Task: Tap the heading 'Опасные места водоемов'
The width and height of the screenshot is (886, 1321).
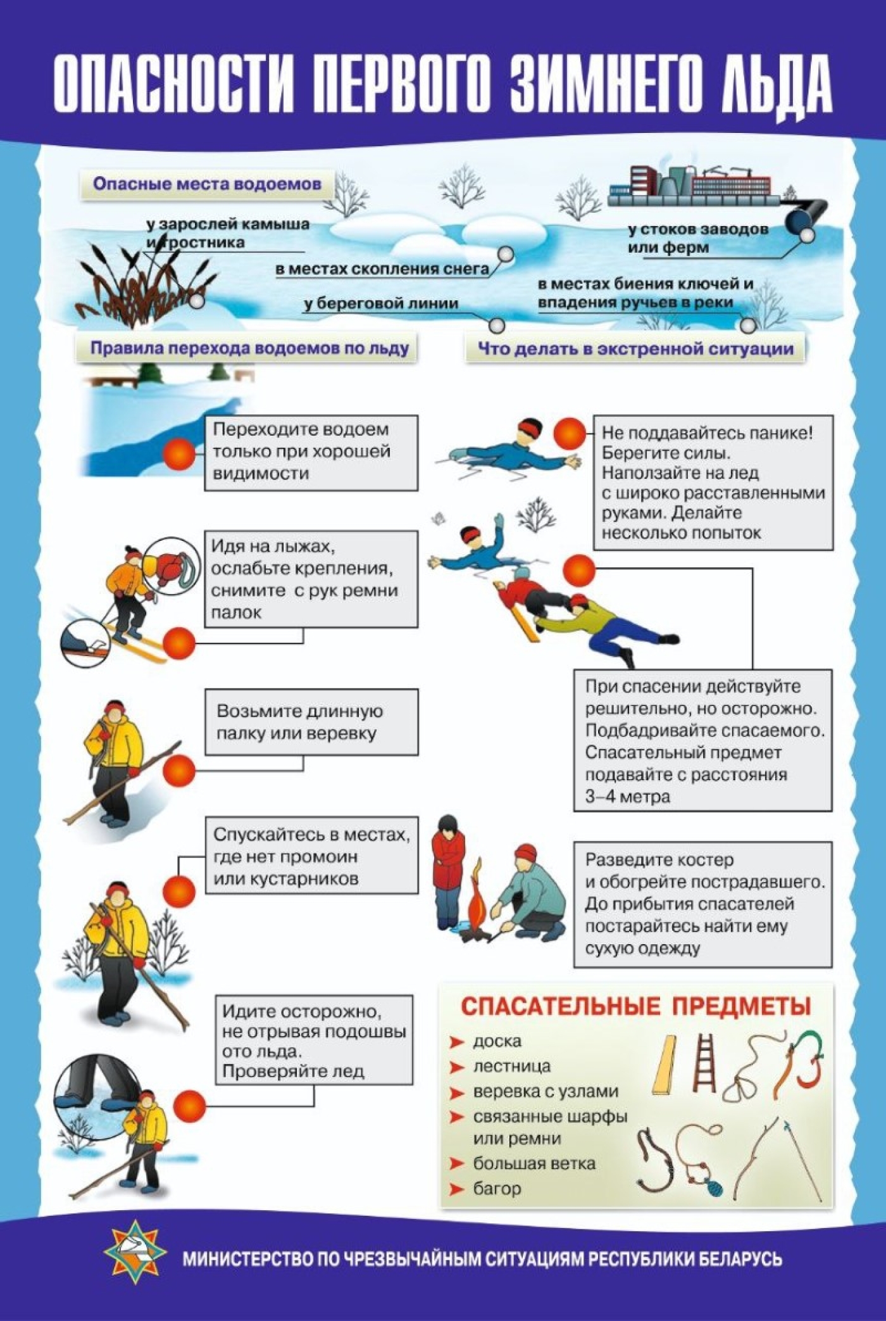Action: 207,184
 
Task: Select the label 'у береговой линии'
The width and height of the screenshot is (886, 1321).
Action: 380,303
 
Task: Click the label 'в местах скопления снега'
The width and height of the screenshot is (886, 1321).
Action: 382,269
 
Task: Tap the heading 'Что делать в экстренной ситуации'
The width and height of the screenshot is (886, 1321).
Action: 635,349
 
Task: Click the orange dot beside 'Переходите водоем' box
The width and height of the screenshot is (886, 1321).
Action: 179,454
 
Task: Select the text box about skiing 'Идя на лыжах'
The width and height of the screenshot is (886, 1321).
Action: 311,579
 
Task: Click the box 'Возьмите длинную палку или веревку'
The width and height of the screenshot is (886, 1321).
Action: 311,722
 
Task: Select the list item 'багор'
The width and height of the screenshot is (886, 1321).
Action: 497,1189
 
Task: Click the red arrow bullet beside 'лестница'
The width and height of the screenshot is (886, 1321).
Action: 457,1067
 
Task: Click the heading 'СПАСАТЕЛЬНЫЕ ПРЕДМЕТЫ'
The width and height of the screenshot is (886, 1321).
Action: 635,1006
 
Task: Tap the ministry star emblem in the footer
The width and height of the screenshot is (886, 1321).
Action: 135,1257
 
